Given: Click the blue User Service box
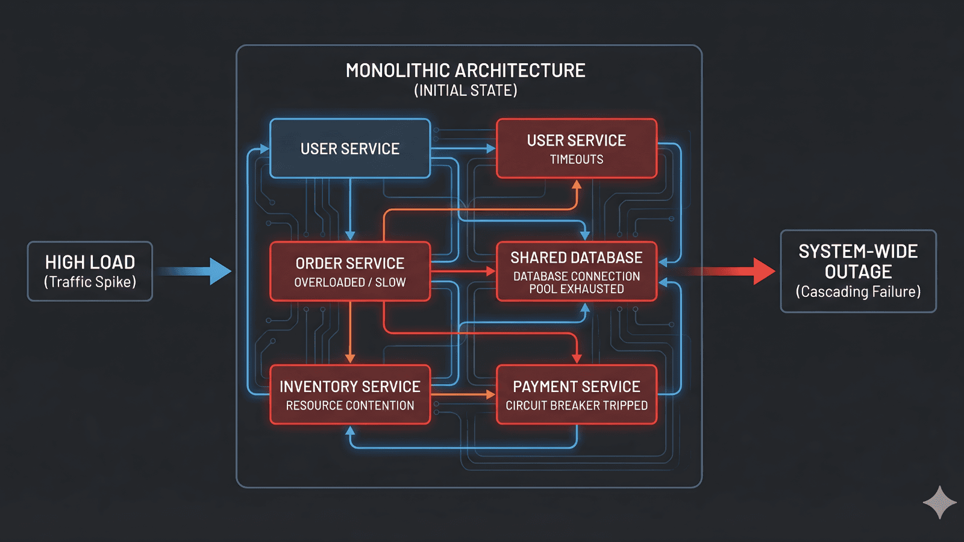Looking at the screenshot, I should (x=349, y=149).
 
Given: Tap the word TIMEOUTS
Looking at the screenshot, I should (x=577, y=160).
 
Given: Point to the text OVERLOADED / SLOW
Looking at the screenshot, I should (x=349, y=282).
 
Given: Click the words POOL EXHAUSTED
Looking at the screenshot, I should (x=577, y=289).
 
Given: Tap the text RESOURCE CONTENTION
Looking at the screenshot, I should (x=349, y=406).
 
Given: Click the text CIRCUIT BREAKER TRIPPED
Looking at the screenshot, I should (x=577, y=406).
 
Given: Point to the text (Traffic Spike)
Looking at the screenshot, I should (x=90, y=282).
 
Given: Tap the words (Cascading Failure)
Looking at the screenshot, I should (x=858, y=292).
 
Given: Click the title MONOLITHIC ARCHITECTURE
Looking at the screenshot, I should (x=465, y=71).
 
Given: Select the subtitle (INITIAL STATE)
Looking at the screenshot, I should (x=465, y=91).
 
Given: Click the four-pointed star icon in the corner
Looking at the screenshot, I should (x=939, y=502).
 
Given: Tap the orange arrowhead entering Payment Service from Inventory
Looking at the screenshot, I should (x=491, y=394).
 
